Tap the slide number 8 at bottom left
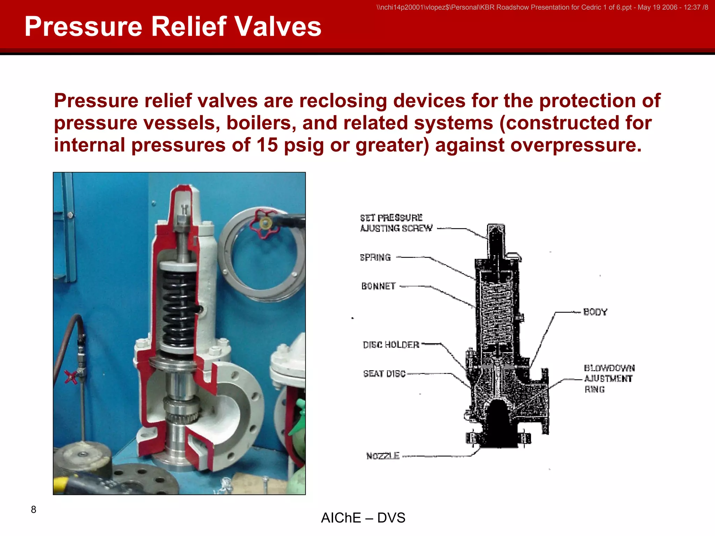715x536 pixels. coord(34,509)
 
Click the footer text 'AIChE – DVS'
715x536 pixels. coord(363,518)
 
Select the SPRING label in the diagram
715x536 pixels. coord(375,258)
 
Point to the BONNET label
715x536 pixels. coord(378,286)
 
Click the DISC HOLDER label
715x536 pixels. coord(391,345)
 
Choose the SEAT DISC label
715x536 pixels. coord(384,374)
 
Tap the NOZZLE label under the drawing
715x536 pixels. coord(383,456)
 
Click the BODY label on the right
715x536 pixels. coord(595,312)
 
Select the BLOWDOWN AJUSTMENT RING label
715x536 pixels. coord(609,379)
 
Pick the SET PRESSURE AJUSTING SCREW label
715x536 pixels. coord(396,223)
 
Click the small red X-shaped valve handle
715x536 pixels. coord(71,377)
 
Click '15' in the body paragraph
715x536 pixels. coord(267,145)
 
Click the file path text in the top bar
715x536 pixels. coord(542,7)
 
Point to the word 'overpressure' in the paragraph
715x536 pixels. coord(573,145)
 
